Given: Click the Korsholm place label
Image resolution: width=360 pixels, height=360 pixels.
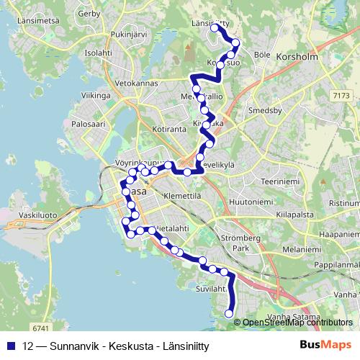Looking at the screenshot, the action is tap(297, 55).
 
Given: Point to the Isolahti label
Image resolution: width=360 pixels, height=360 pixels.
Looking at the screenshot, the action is tap(99, 53).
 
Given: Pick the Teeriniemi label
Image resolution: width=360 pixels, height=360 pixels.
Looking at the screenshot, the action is tap(279, 182).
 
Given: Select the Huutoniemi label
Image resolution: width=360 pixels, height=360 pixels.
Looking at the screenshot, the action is tap(251, 203).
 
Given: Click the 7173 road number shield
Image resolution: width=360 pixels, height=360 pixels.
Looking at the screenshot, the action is tap(341, 94).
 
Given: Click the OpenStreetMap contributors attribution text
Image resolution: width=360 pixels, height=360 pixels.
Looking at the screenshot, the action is tap(297, 323).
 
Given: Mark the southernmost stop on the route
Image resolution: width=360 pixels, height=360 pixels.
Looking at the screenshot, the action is tap(230, 313).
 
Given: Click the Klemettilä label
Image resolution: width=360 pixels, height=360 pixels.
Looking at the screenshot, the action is tap(181, 195).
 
